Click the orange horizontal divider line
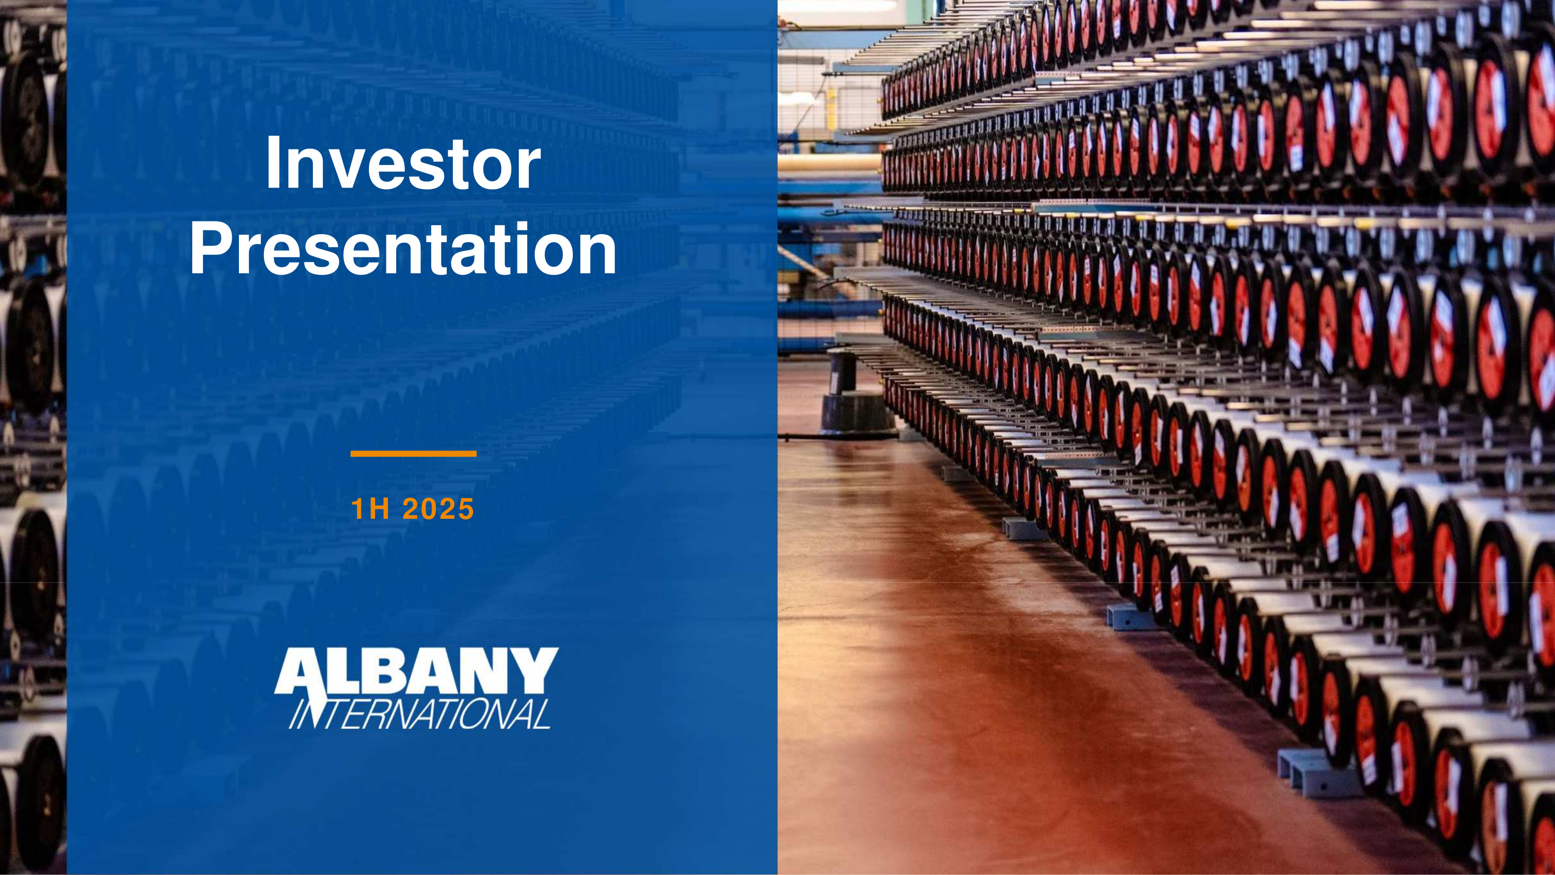(x=414, y=454)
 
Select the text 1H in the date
(x=369, y=509)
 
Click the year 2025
(x=438, y=509)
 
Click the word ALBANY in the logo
(x=417, y=671)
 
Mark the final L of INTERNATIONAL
(x=541, y=714)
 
